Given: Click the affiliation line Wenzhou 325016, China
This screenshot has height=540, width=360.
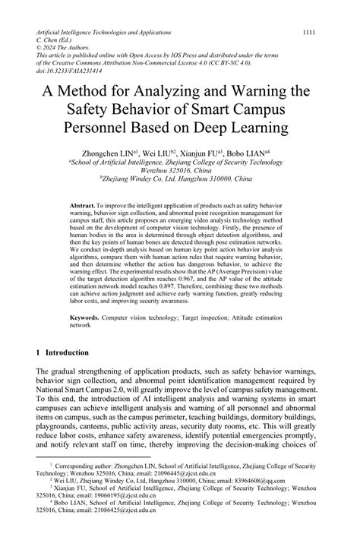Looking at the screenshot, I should coord(179,172).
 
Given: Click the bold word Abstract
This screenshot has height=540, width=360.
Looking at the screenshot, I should coord(81,206).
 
